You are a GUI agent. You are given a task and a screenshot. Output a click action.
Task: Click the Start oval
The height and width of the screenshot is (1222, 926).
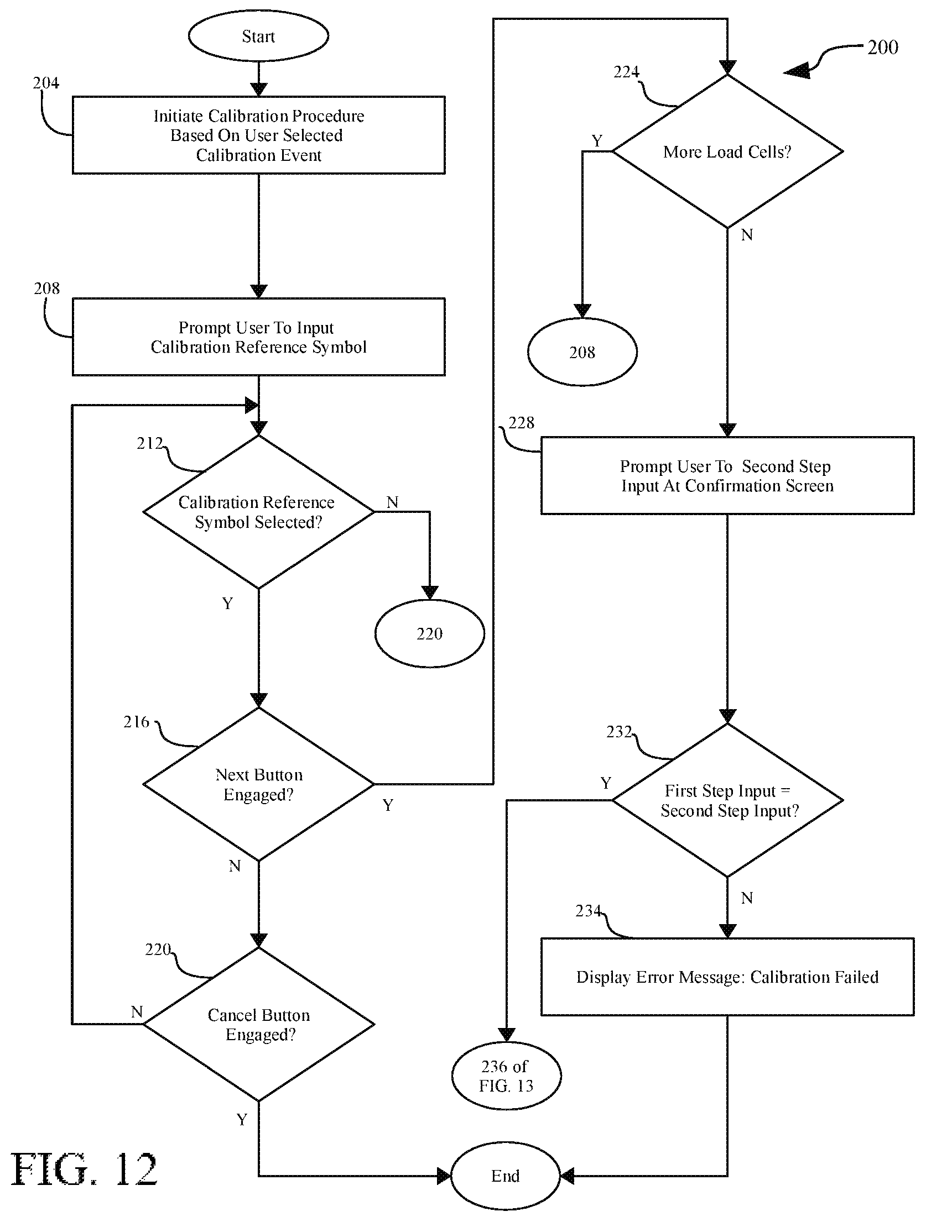click(258, 36)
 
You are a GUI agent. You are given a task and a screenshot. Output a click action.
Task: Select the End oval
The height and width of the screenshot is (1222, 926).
click(506, 1176)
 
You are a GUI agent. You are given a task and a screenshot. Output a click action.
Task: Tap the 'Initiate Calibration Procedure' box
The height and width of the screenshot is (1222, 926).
click(258, 135)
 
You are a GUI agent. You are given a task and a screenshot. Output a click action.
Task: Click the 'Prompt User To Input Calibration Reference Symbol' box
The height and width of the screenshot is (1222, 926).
click(258, 337)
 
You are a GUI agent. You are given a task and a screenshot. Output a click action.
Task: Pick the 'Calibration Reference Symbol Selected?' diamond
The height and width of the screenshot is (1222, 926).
click(258, 512)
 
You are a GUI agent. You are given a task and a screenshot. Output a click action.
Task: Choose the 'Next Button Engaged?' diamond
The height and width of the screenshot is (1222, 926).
click(258, 784)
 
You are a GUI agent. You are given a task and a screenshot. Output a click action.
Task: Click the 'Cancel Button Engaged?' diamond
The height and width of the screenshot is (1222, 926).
click(258, 1024)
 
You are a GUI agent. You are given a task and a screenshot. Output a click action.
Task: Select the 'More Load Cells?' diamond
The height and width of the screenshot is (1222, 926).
click(727, 151)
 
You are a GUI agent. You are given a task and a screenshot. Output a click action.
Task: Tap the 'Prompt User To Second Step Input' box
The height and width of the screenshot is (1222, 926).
click(727, 476)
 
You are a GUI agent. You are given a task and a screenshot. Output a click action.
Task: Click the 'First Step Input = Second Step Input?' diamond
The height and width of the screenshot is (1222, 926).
click(727, 800)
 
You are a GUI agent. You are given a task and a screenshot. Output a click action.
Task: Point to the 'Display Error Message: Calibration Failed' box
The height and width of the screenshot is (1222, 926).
click(727, 977)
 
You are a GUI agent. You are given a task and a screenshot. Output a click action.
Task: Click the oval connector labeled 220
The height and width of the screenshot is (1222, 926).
click(430, 633)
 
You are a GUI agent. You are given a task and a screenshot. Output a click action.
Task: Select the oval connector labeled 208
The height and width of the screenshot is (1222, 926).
click(582, 352)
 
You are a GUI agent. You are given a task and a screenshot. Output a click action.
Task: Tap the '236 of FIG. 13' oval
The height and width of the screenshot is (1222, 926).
click(506, 1076)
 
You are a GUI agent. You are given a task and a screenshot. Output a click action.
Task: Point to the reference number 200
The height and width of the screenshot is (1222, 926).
click(883, 48)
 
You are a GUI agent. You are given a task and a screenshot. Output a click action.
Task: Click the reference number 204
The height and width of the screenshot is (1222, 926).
click(46, 83)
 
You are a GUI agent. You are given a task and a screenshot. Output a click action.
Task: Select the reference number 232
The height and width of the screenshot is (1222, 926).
click(620, 732)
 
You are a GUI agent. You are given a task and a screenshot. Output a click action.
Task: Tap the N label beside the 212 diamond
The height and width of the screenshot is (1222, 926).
click(392, 502)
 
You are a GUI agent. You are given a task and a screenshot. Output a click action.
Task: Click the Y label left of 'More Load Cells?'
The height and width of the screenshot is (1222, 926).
click(597, 141)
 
